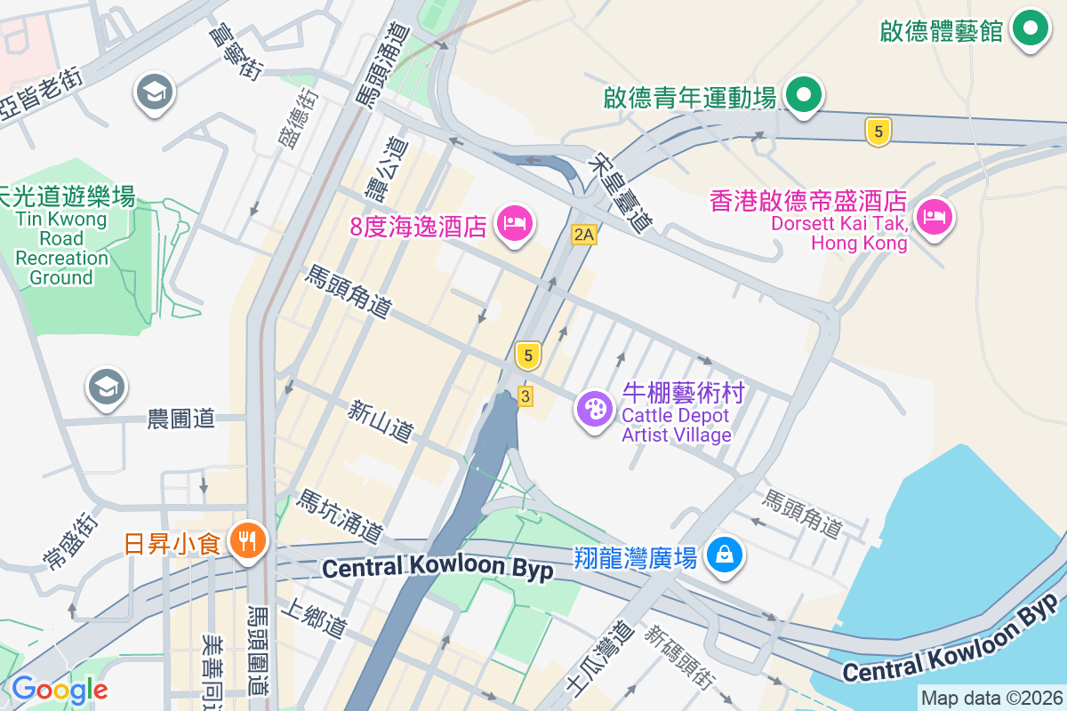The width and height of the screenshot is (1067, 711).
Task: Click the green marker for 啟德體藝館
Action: (1031, 28)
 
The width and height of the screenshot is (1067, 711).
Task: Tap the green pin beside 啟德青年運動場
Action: (805, 94)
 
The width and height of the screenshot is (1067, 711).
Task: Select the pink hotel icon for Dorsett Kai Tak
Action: (935, 215)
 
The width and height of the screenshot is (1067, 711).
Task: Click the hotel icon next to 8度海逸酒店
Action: (516, 223)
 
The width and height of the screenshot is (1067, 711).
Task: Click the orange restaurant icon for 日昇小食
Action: (246, 540)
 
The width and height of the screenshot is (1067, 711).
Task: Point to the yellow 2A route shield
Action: (583, 235)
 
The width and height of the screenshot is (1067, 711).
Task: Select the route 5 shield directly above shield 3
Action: (528, 355)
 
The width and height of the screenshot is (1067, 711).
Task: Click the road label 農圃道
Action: (181, 419)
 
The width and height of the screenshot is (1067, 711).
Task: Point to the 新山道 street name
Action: (381, 421)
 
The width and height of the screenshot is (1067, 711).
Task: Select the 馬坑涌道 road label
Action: (340, 516)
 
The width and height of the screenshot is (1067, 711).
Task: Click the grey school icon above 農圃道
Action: (107, 387)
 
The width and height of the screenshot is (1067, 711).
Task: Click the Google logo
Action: (60, 690)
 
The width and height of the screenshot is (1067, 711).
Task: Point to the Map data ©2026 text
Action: (991, 699)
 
